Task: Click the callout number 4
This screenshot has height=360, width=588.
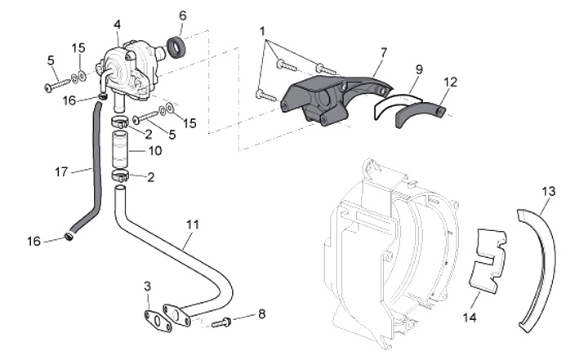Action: pos(118,24)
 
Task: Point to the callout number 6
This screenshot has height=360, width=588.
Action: pos(182,15)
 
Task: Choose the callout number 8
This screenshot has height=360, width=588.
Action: pos(261,313)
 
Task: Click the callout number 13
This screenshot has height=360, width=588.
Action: pos(548,191)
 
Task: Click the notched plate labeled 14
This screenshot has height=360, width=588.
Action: pos(489,260)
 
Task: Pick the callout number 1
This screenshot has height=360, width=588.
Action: pos(263,30)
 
